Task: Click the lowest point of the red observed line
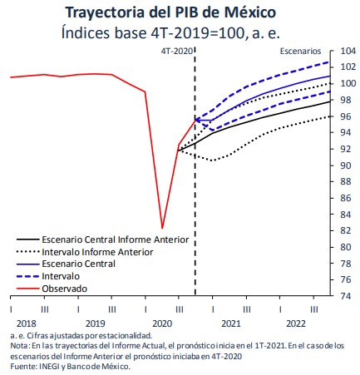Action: pos(162,228)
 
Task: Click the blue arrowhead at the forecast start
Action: pos(198,121)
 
